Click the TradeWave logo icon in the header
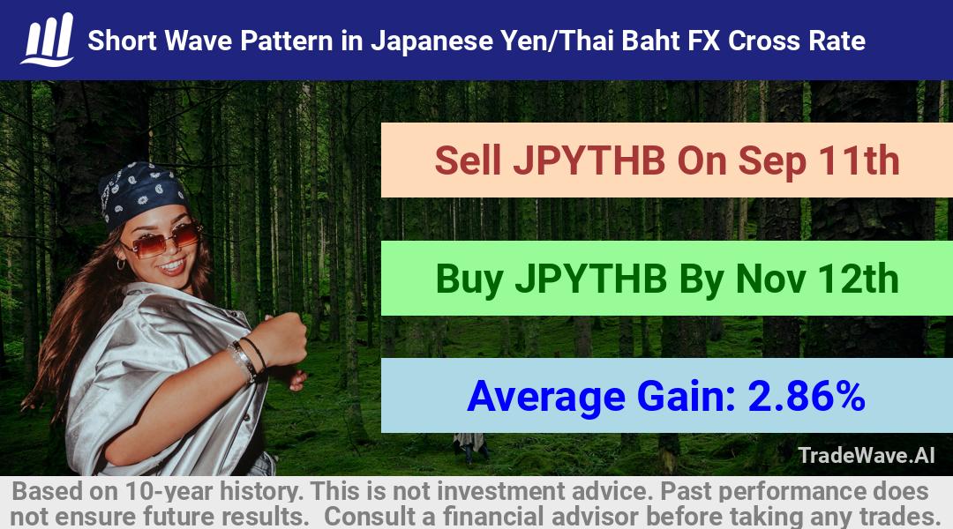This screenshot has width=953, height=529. coord(48,40)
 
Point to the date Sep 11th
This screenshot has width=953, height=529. coord(819,160)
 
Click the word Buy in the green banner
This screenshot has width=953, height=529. coord(469,279)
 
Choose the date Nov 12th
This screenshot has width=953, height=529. coord(817,279)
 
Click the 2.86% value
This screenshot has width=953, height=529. coord(807,396)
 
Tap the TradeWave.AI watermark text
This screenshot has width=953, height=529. coord(867,455)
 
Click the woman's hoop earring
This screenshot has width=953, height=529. coord(120,264)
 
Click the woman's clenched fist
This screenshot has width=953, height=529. coord(281,340)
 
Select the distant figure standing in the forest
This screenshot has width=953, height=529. coord(469,447)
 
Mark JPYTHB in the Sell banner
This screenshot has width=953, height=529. coord(589,161)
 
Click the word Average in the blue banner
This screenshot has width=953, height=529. coord(546,397)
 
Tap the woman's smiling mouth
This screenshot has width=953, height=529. coord(173,265)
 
